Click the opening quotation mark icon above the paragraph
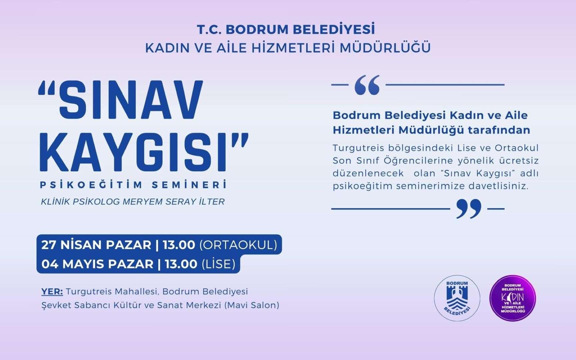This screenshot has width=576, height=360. (x=367, y=85)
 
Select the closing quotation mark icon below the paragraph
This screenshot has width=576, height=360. (x=469, y=209)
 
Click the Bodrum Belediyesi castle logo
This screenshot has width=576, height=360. (x=457, y=298)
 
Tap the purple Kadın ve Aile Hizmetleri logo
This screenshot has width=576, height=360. (x=513, y=298)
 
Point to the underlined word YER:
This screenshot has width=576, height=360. (x=52, y=292)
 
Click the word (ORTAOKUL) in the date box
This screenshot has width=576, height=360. (x=238, y=245)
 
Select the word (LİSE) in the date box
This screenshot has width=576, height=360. (x=219, y=264)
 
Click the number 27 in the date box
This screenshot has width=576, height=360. (x=48, y=245)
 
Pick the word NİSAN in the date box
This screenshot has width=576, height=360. (x=81, y=245)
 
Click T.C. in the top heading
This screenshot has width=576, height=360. (x=209, y=29)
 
